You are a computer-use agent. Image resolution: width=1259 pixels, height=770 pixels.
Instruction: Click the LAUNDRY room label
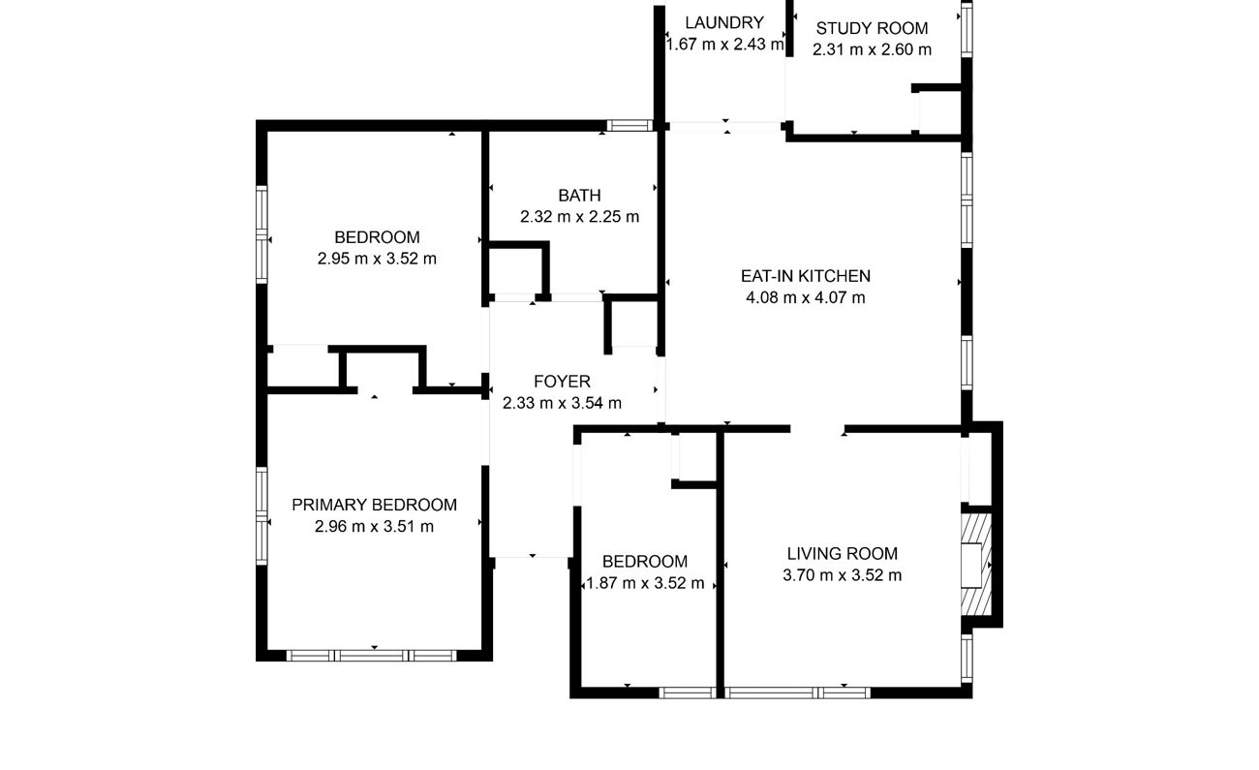click(x=724, y=23)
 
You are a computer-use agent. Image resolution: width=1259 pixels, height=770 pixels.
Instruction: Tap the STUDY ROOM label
click(x=872, y=29)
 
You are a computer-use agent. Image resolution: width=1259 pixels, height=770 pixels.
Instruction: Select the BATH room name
click(x=579, y=196)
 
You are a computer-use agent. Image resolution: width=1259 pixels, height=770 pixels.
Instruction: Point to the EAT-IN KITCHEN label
click(x=806, y=277)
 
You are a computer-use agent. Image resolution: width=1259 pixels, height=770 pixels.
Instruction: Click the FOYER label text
click(x=562, y=383)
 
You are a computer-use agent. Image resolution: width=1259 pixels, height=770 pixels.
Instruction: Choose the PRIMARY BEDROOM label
click(x=375, y=506)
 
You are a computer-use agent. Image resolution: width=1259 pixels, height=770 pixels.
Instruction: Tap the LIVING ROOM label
click(x=842, y=554)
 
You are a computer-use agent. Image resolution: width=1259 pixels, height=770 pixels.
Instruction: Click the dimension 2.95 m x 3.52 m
click(x=377, y=260)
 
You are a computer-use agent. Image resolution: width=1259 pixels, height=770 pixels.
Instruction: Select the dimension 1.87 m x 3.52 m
click(x=645, y=583)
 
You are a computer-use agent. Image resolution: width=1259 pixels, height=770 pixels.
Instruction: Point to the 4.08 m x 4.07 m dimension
click(x=806, y=298)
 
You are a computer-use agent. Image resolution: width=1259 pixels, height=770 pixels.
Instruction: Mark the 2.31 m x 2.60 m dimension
click(x=872, y=50)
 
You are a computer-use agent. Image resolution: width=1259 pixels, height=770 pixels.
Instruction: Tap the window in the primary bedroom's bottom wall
click(x=372, y=656)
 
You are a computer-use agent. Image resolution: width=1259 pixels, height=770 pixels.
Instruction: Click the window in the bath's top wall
click(x=629, y=125)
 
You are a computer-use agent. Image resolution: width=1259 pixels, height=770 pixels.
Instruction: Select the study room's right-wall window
click(x=967, y=30)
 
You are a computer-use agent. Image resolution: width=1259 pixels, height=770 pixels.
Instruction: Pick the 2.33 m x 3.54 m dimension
click(x=562, y=404)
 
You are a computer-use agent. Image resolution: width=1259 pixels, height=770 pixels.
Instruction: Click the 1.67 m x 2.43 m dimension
click(x=724, y=45)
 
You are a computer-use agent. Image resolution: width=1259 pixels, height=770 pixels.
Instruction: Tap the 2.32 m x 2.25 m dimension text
click(x=579, y=217)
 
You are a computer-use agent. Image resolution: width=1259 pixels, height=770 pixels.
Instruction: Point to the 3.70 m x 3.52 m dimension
click(x=842, y=575)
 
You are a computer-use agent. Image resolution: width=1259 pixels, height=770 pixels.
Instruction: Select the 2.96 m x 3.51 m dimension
click(x=375, y=527)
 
